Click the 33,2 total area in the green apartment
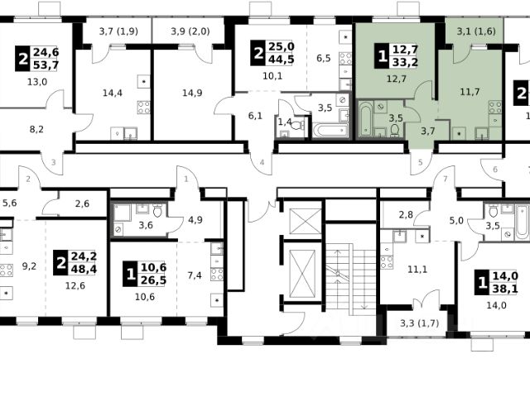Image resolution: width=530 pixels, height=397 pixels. tap(405, 62)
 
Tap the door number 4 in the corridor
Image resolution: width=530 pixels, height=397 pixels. tap(262, 163)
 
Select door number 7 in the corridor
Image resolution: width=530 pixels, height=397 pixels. tap(446, 179)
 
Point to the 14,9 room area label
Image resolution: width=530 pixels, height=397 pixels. tap(192, 93)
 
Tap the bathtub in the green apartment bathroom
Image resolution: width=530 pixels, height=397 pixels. tap(366, 119)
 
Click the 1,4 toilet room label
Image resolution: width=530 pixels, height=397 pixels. tap(285, 122)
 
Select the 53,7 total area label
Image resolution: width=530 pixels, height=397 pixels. tap(46, 65)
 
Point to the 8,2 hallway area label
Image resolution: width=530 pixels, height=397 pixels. tap(36, 129)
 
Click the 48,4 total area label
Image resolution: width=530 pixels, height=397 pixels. tap(84, 270)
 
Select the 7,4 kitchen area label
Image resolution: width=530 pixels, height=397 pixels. tap(195, 275)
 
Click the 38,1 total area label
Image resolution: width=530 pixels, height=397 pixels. tap(505, 289)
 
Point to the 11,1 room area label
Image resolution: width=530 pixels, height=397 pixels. tap(417, 270)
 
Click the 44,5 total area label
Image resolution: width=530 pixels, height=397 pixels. tap(282, 60)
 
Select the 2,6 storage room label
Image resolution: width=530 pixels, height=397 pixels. tap(82, 203)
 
